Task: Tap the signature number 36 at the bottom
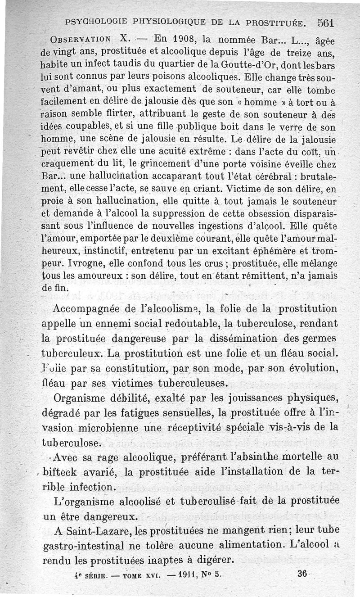[302, 574]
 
